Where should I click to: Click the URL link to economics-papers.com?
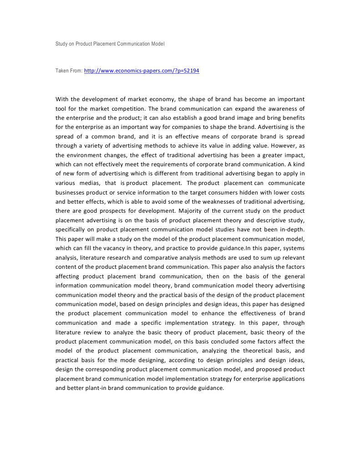click(142, 71)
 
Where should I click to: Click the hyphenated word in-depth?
click(294, 220)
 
